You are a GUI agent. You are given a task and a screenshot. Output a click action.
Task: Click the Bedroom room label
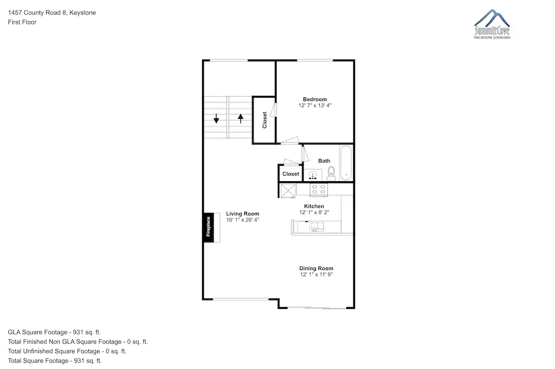pos(315,99)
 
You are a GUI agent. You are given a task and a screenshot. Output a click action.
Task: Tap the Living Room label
pos(243,214)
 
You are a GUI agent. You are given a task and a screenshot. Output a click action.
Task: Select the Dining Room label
pos(316,268)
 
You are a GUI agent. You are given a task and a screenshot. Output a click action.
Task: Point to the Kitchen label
pos(314,206)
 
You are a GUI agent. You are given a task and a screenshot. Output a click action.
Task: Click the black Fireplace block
pos(209,227)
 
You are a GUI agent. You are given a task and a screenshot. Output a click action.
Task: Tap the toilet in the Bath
pos(331,173)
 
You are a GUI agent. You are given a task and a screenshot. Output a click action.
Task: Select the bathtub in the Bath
pos(346,163)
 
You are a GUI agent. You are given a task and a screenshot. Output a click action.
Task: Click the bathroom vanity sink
pos(312,175)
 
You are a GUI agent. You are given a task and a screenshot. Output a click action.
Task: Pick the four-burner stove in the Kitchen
pos(319,190)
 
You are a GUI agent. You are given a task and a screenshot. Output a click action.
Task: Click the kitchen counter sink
pos(317,227)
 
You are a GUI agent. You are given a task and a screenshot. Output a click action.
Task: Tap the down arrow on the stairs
pos(216,118)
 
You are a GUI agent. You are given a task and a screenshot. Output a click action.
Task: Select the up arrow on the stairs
pos(241,118)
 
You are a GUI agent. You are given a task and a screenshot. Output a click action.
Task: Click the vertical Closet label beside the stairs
pos(264,120)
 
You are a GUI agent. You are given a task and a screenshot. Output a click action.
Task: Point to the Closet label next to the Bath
pos(291,174)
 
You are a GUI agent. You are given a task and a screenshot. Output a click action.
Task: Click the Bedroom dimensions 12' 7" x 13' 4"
pos(315,105)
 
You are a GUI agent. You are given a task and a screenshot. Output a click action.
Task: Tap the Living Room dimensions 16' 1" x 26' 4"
pos(243,220)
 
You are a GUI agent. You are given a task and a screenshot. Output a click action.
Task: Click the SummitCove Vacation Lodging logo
pos(492,24)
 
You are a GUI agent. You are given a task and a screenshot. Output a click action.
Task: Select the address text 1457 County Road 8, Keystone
pos(52,13)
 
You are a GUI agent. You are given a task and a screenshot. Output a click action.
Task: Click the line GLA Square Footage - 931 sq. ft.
pos(54,332)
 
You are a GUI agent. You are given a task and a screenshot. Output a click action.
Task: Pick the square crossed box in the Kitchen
pos(288,191)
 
